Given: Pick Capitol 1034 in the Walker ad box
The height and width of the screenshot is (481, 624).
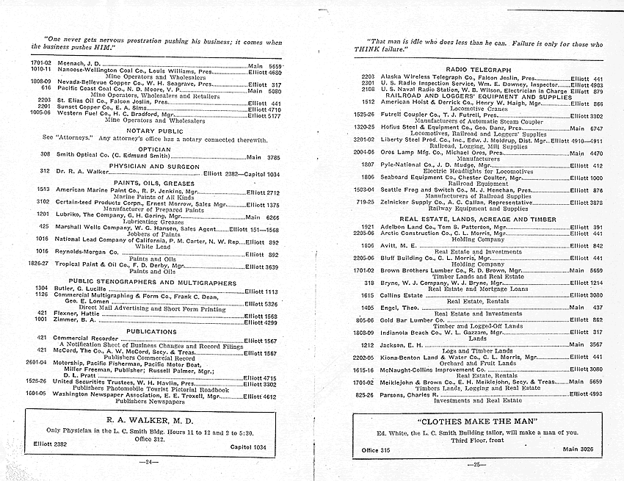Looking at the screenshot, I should point(247,446).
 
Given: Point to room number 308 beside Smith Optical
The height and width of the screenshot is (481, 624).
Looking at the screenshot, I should point(45,156).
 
